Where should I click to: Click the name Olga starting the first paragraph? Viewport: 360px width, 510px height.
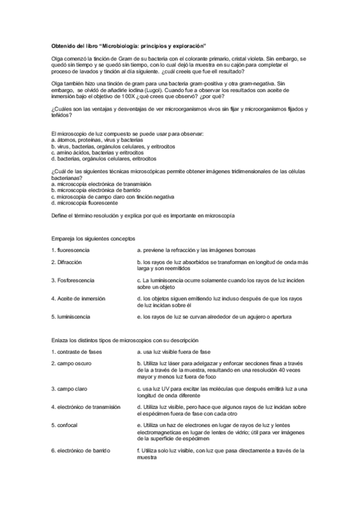pos(57,58)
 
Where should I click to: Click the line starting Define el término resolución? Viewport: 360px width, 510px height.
pos(143,215)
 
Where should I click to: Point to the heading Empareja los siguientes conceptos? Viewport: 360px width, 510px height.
pos(93,238)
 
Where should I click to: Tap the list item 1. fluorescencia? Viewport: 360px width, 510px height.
pos(71,250)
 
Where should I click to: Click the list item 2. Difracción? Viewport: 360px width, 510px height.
pos(67,262)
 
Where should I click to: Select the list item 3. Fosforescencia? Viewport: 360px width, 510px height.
pos(73,280)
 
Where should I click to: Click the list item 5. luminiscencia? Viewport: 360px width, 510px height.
pos(71,316)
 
